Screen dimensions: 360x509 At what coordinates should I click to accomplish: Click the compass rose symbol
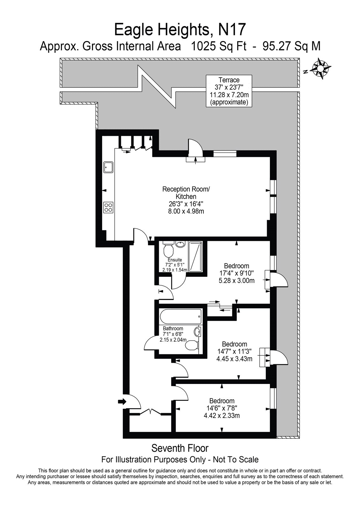pos(321,69)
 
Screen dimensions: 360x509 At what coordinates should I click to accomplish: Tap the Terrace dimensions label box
pos(229,91)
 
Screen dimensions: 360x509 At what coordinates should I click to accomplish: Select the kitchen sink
pos(109,167)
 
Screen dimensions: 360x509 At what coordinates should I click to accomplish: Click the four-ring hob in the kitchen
pos(109,207)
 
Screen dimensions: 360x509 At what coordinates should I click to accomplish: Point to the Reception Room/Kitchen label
pos(186,193)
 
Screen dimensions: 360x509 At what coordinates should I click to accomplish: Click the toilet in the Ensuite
pos(168,249)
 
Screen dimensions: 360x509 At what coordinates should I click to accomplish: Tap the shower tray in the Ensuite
pos(195,257)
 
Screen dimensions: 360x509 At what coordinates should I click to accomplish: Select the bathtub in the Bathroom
pos(181,316)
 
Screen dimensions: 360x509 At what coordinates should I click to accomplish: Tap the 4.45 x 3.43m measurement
pos(235,359)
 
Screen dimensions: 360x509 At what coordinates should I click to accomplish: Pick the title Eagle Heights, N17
pos(180,30)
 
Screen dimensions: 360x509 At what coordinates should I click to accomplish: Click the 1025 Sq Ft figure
pos(219,46)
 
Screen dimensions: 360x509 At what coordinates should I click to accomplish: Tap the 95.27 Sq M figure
pos(292,46)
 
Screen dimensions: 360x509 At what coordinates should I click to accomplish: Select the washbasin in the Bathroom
pos(197,331)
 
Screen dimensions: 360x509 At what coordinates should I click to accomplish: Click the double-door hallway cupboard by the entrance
pos(150,412)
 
